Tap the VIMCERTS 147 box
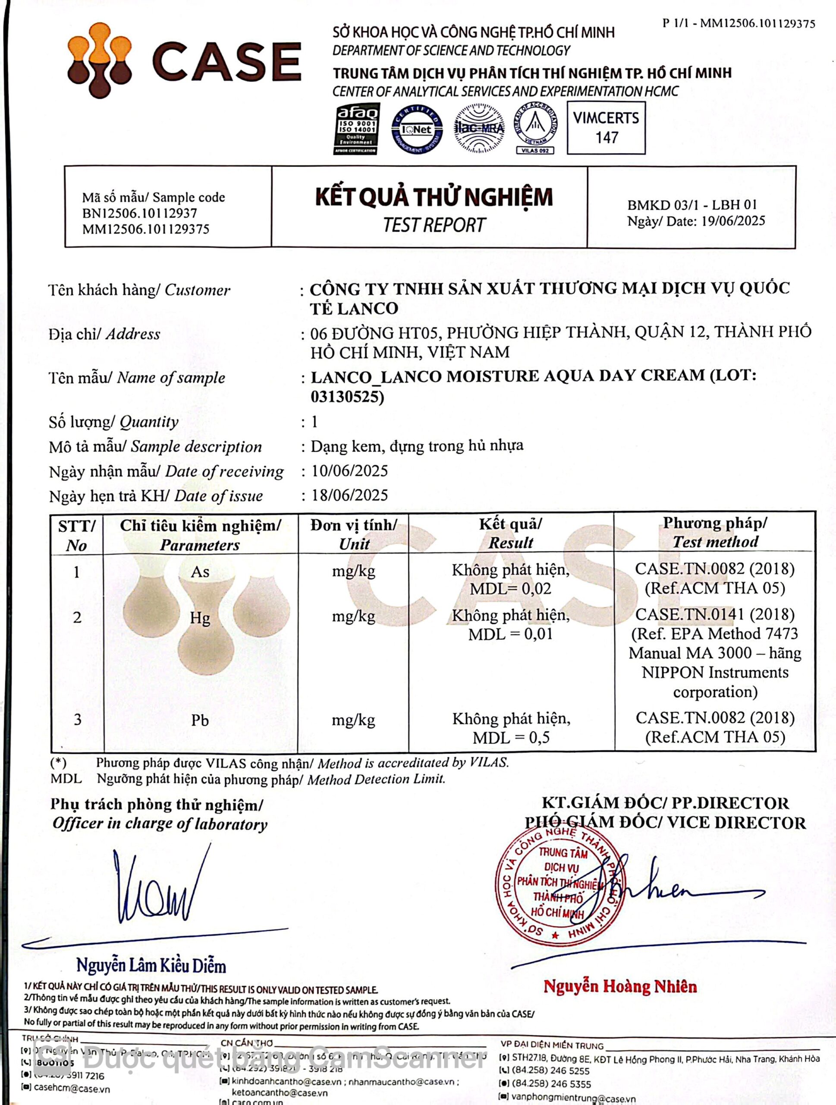click(x=606, y=128)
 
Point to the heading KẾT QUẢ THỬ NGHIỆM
click(x=434, y=197)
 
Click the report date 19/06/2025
click(x=732, y=221)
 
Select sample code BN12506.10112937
click(x=140, y=213)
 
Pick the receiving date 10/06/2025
click(x=350, y=470)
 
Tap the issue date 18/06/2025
click(x=350, y=495)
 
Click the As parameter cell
click(x=200, y=571)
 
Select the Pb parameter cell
click(x=200, y=720)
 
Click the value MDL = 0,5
click(x=511, y=737)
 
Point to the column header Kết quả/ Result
click(x=511, y=533)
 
